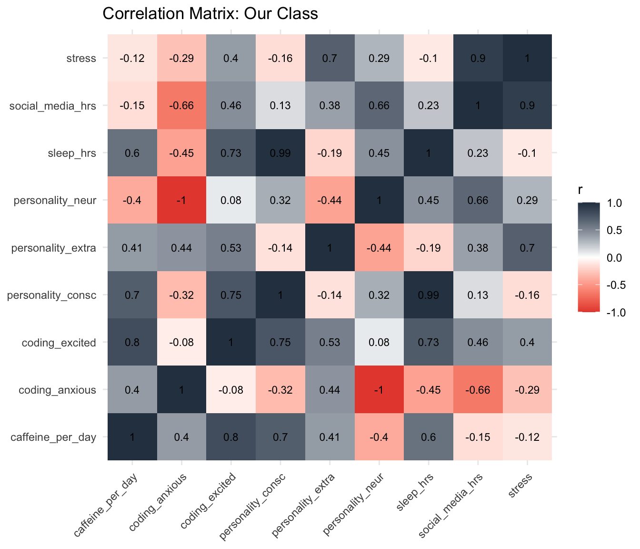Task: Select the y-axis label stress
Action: (81, 59)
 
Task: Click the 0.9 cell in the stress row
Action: (478, 59)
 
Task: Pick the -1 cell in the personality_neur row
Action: (181, 201)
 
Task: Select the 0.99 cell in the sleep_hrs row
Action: (280, 153)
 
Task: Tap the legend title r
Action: (580, 190)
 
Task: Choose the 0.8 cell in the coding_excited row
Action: (132, 343)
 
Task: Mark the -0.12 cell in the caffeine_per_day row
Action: (527, 437)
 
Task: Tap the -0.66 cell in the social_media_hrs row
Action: (181, 106)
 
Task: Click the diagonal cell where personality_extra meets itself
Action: (330, 248)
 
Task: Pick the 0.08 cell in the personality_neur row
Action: (230, 201)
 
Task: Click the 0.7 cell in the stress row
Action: (330, 59)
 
